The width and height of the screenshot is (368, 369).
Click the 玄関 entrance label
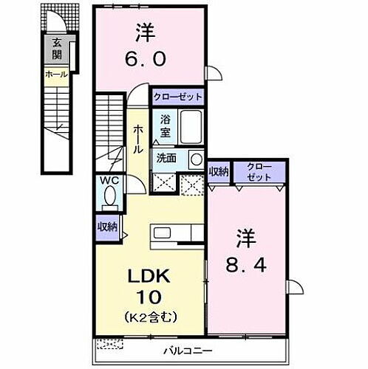[57, 50]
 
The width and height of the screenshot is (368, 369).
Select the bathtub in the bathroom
[191, 128]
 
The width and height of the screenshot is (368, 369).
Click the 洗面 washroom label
[166, 157]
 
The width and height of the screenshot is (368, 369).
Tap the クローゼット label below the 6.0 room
[177, 96]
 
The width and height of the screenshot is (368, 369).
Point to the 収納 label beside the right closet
[219, 172]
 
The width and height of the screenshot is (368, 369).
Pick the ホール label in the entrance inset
[56, 74]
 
